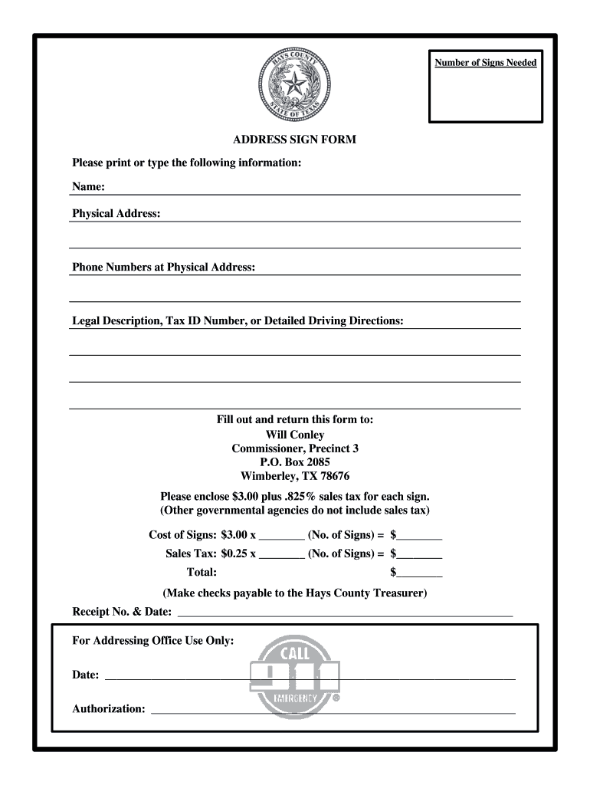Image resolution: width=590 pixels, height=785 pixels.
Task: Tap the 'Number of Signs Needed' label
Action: (485, 63)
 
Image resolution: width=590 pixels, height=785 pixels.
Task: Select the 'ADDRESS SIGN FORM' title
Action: (295, 140)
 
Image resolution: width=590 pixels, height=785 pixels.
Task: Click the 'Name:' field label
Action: (88, 187)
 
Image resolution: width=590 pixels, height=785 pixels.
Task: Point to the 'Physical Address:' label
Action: (116, 213)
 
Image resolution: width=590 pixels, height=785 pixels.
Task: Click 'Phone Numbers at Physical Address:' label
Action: (163, 267)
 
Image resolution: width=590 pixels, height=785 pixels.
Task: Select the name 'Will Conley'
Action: (295, 435)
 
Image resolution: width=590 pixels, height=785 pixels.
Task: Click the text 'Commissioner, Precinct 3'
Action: (295, 448)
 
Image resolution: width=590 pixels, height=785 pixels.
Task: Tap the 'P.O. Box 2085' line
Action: (295, 462)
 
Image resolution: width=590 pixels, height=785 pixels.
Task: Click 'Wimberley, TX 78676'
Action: (295, 476)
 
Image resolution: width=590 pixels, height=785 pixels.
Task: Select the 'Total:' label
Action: (202, 573)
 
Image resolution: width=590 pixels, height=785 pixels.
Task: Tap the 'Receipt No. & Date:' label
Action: (122, 612)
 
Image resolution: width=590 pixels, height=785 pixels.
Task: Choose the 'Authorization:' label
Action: (109, 708)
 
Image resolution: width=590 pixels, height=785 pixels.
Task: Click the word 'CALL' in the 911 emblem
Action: (295, 654)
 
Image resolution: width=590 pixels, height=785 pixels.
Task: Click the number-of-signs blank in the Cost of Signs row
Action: (282, 535)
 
